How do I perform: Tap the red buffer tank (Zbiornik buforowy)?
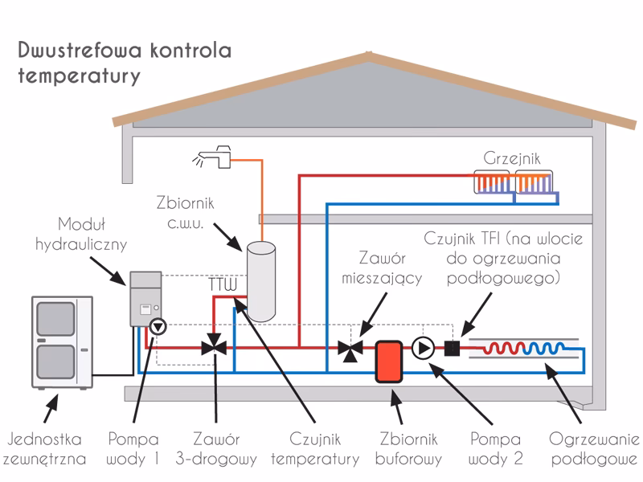390,361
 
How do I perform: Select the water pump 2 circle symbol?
423,348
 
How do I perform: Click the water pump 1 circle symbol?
158,326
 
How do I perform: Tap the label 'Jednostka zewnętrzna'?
46,449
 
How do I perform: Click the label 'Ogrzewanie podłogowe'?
595,449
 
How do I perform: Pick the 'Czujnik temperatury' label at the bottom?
315,449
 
